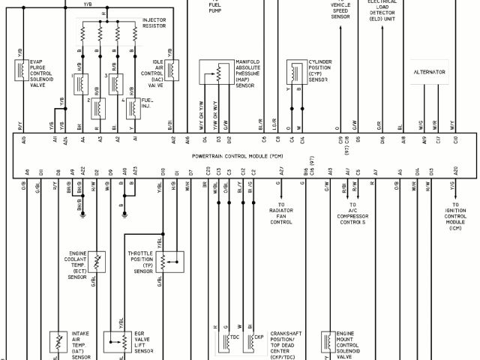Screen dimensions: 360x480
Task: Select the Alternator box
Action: tap(429, 72)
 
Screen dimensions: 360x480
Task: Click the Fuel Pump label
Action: tap(214, 8)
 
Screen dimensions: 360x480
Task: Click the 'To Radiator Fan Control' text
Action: tap(282, 213)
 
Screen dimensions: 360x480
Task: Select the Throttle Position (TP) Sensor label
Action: tap(144, 262)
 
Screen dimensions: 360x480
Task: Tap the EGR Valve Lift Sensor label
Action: tap(144, 340)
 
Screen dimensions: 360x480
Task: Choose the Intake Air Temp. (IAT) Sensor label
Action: tap(82, 345)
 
